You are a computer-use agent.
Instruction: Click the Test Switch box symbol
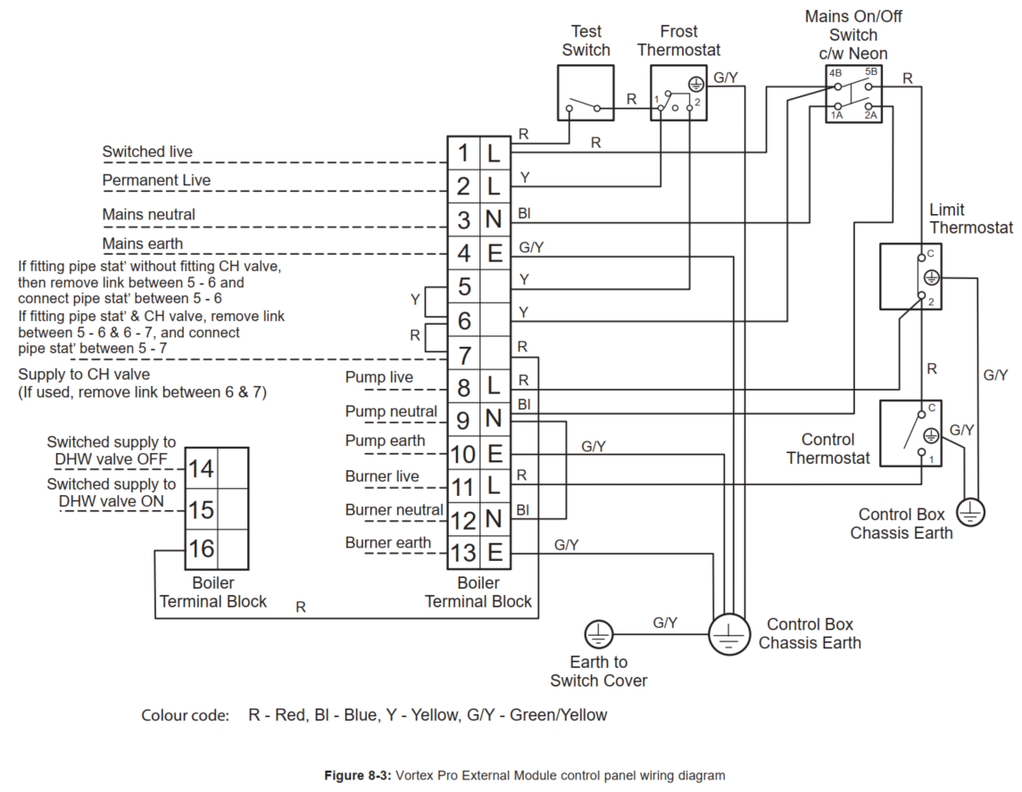coord(586,92)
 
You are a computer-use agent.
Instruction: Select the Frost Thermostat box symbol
coord(677,92)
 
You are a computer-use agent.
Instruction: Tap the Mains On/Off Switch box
coord(852,97)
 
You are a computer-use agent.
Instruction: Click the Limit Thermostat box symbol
coord(910,276)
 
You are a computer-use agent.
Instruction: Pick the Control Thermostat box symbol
coord(910,433)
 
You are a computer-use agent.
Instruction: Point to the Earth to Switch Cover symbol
coord(598,635)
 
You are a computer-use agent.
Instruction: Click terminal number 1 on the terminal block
coord(463,153)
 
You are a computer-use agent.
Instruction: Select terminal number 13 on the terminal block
coord(463,552)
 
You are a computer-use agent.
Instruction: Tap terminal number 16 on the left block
coord(201,548)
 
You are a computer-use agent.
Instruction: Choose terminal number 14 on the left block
coord(201,467)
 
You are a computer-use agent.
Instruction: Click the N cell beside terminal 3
coord(494,220)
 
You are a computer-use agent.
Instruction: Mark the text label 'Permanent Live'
coord(156,180)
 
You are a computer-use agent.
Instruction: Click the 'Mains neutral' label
coord(148,214)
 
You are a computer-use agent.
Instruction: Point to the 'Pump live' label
coord(378,377)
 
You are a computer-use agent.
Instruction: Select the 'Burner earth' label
coord(387,542)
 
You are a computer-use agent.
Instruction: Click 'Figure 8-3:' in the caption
coord(357,776)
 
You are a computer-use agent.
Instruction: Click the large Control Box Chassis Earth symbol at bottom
coord(730,634)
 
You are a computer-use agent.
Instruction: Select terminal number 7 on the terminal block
coord(463,354)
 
